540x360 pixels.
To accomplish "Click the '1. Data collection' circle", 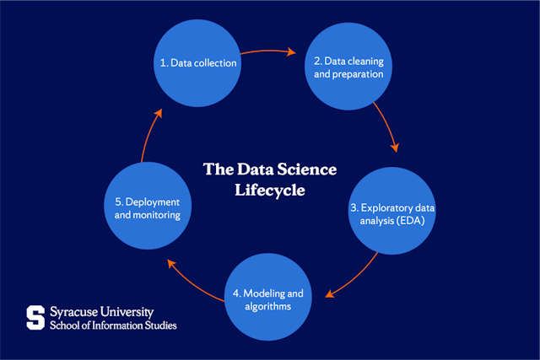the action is click(197, 63).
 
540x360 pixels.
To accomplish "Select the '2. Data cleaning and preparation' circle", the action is click(348, 67).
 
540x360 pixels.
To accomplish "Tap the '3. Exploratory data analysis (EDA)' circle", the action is click(391, 211).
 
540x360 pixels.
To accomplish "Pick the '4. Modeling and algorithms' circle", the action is click(268, 297).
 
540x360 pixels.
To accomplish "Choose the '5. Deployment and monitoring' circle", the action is click(148, 206).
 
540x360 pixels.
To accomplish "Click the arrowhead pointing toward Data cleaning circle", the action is click(291, 51).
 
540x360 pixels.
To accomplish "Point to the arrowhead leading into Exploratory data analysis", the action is click(395, 148).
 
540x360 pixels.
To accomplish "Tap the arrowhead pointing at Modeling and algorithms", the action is click(330, 293).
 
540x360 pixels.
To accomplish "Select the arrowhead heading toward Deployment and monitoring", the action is click(171, 264).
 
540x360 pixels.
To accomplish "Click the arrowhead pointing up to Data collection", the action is click(158, 114).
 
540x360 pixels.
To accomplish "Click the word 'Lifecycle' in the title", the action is click(270, 191).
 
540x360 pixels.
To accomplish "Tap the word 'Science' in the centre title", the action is click(307, 169).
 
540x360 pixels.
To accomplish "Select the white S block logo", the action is click(35, 317).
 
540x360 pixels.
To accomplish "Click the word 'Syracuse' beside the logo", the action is click(73, 312).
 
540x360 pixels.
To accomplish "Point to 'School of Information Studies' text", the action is click(113, 325).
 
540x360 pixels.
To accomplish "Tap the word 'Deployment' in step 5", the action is click(153, 202).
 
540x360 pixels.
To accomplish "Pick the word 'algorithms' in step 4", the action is click(268, 306).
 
